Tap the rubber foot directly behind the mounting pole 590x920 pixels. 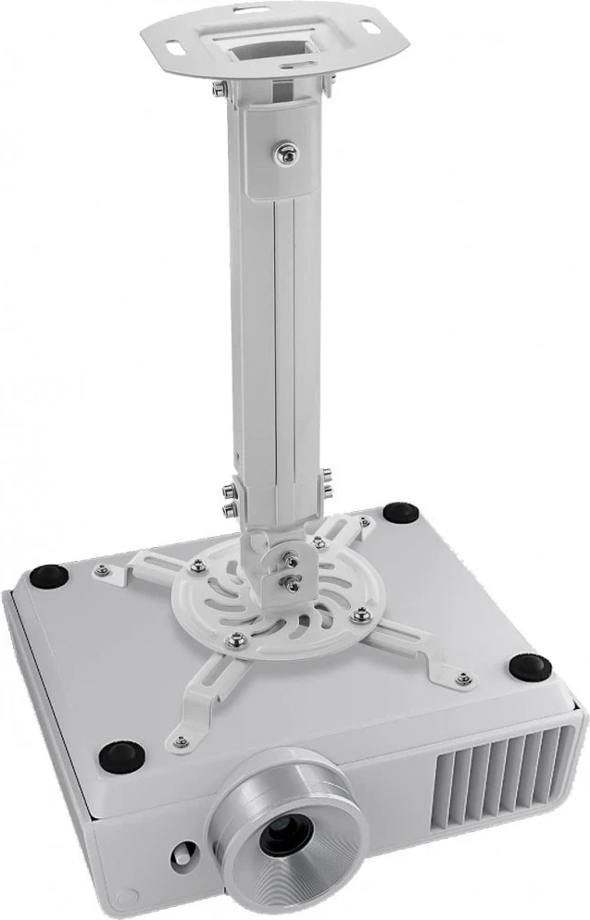coord(399,511)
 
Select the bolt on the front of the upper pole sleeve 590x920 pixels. coord(286,151)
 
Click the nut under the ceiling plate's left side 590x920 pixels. coord(216,89)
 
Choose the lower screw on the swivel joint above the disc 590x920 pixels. coord(294,582)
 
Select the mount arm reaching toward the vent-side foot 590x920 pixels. coord(417,648)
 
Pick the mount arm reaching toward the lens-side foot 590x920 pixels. coord(199,708)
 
